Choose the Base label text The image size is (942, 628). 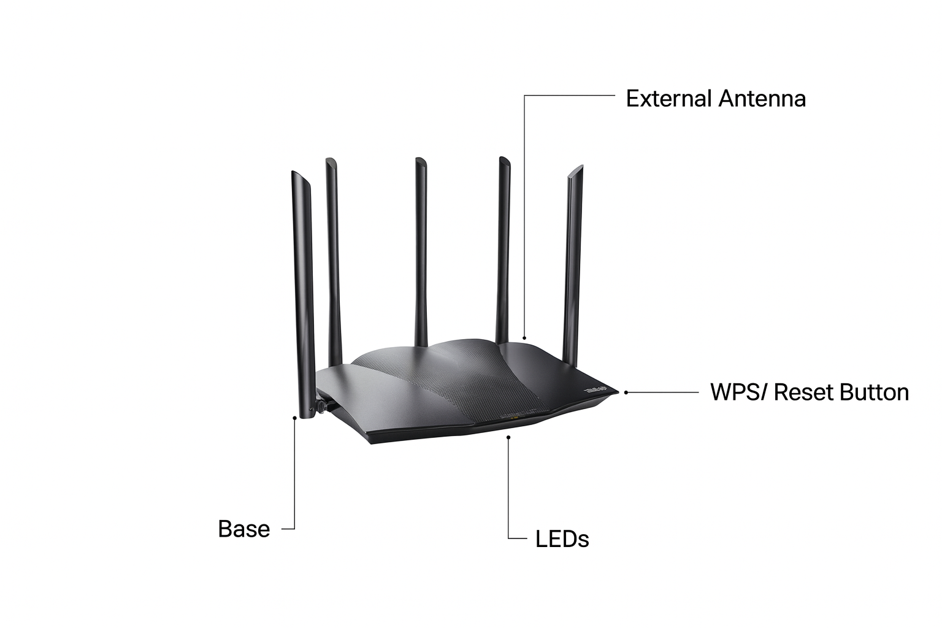coord(243,529)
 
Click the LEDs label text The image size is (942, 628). coord(562,539)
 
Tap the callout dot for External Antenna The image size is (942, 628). coord(524,337)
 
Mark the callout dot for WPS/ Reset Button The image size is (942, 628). coord(626,392)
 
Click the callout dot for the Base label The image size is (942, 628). coord(295,418)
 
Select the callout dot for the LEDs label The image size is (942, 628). coord(508,437)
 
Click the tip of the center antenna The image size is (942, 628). coord(420,161)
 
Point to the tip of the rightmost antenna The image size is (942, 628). coord(575,170)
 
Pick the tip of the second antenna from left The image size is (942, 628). coord(331,161)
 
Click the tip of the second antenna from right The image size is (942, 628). coord(504,160)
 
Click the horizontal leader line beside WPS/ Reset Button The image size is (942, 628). coord(665,392)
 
